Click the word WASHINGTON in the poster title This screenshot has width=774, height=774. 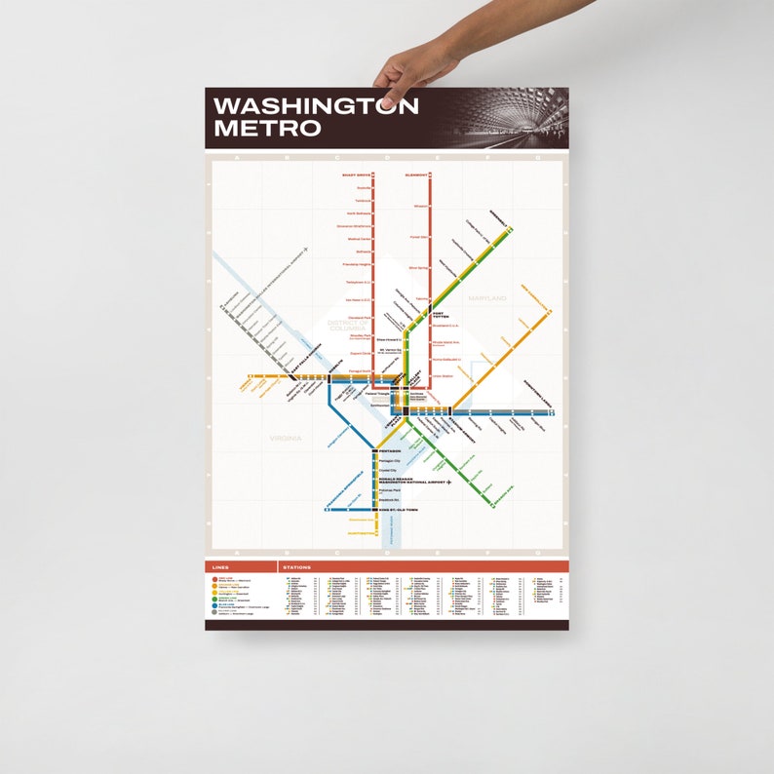[316, 106]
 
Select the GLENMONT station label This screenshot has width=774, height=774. [415, 174]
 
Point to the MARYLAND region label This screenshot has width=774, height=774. [487, 297]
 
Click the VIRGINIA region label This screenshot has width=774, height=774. [286, 439]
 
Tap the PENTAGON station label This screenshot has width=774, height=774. [390, 451]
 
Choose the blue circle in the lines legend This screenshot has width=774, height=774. [213, 604]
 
